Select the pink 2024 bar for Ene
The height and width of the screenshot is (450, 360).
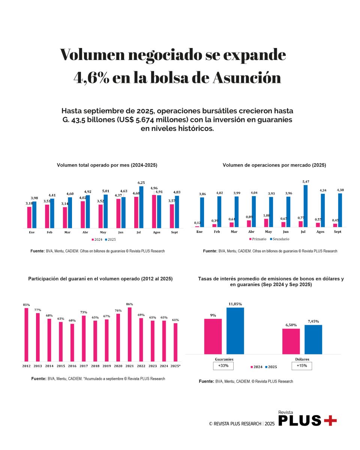coord(29,217)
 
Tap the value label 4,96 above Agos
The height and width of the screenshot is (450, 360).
coord(154,188)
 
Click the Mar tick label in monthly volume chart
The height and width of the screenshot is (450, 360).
coord(67,232)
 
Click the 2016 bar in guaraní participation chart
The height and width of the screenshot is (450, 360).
coord(72,342)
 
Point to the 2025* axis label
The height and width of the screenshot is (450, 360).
coord(175,366)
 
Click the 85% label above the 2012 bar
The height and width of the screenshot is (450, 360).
coord(26,305)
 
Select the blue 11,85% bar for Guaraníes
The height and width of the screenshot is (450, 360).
coord(235,331)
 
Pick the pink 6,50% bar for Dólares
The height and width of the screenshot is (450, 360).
coord(291,341)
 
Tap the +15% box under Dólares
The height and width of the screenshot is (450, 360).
coord(301,366)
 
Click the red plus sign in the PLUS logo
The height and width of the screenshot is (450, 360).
coord(330,420)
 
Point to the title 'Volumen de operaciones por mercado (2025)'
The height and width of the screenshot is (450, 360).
coord(274,165)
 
